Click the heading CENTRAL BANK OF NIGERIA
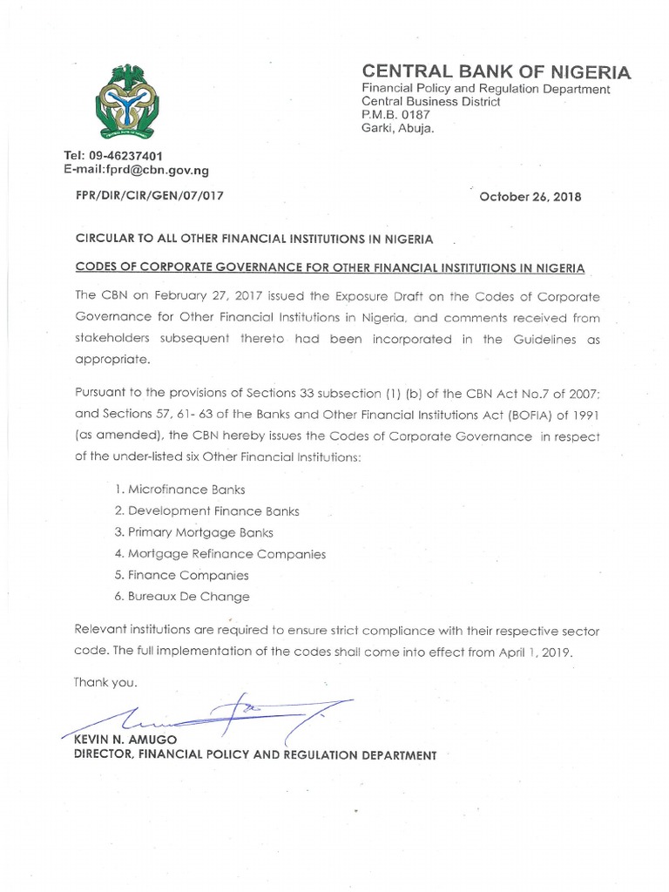pyautogui.click(x=497, y=71)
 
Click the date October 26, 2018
pyautogui.click(x=531, y=197)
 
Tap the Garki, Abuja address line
pyautogui.click(x=397, y=128)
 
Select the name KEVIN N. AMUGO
pyautogui.click(x=123, y=740)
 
